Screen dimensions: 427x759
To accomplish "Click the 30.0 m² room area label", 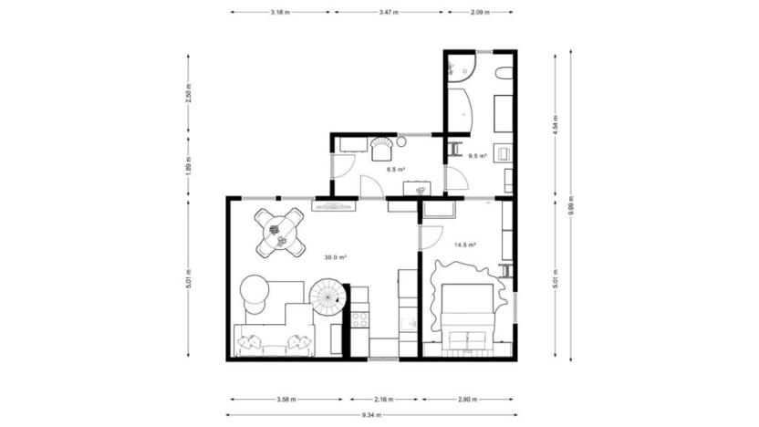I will pyautogui.click(x=336, y=257).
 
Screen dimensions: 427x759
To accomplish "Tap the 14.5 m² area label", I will pyautogui.click(x=465, y=245).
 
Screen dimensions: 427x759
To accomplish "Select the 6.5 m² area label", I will pyautogui.click(x=395, y=169).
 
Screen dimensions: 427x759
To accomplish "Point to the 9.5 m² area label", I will pyautogui.click(x=476, y=156).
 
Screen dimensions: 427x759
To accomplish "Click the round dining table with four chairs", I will pyautogui.click(x=279, y=231).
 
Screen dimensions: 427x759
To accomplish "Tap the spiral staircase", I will pyautogui.click(x=328, y=295).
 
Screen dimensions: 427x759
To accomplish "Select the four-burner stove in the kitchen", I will pyautogui.click(x=359, y=318).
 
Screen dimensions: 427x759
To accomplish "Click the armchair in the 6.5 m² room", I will pyautogui.click(x=380, y=143).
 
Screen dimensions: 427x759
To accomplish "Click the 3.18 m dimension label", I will pyautogui.click(x=281, y=13).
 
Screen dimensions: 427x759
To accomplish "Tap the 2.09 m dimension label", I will pyautogui.click(x=479, y=13).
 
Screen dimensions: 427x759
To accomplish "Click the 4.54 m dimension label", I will pyautogui.click(x=556, y=123).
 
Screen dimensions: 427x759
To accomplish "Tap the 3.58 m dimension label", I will pyautogui.click(x=287, y=399).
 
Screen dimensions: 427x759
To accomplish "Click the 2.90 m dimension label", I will pyautogui.click(x=467, y=399).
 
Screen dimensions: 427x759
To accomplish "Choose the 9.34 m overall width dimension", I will pyautogui.click(x=372, y=415).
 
